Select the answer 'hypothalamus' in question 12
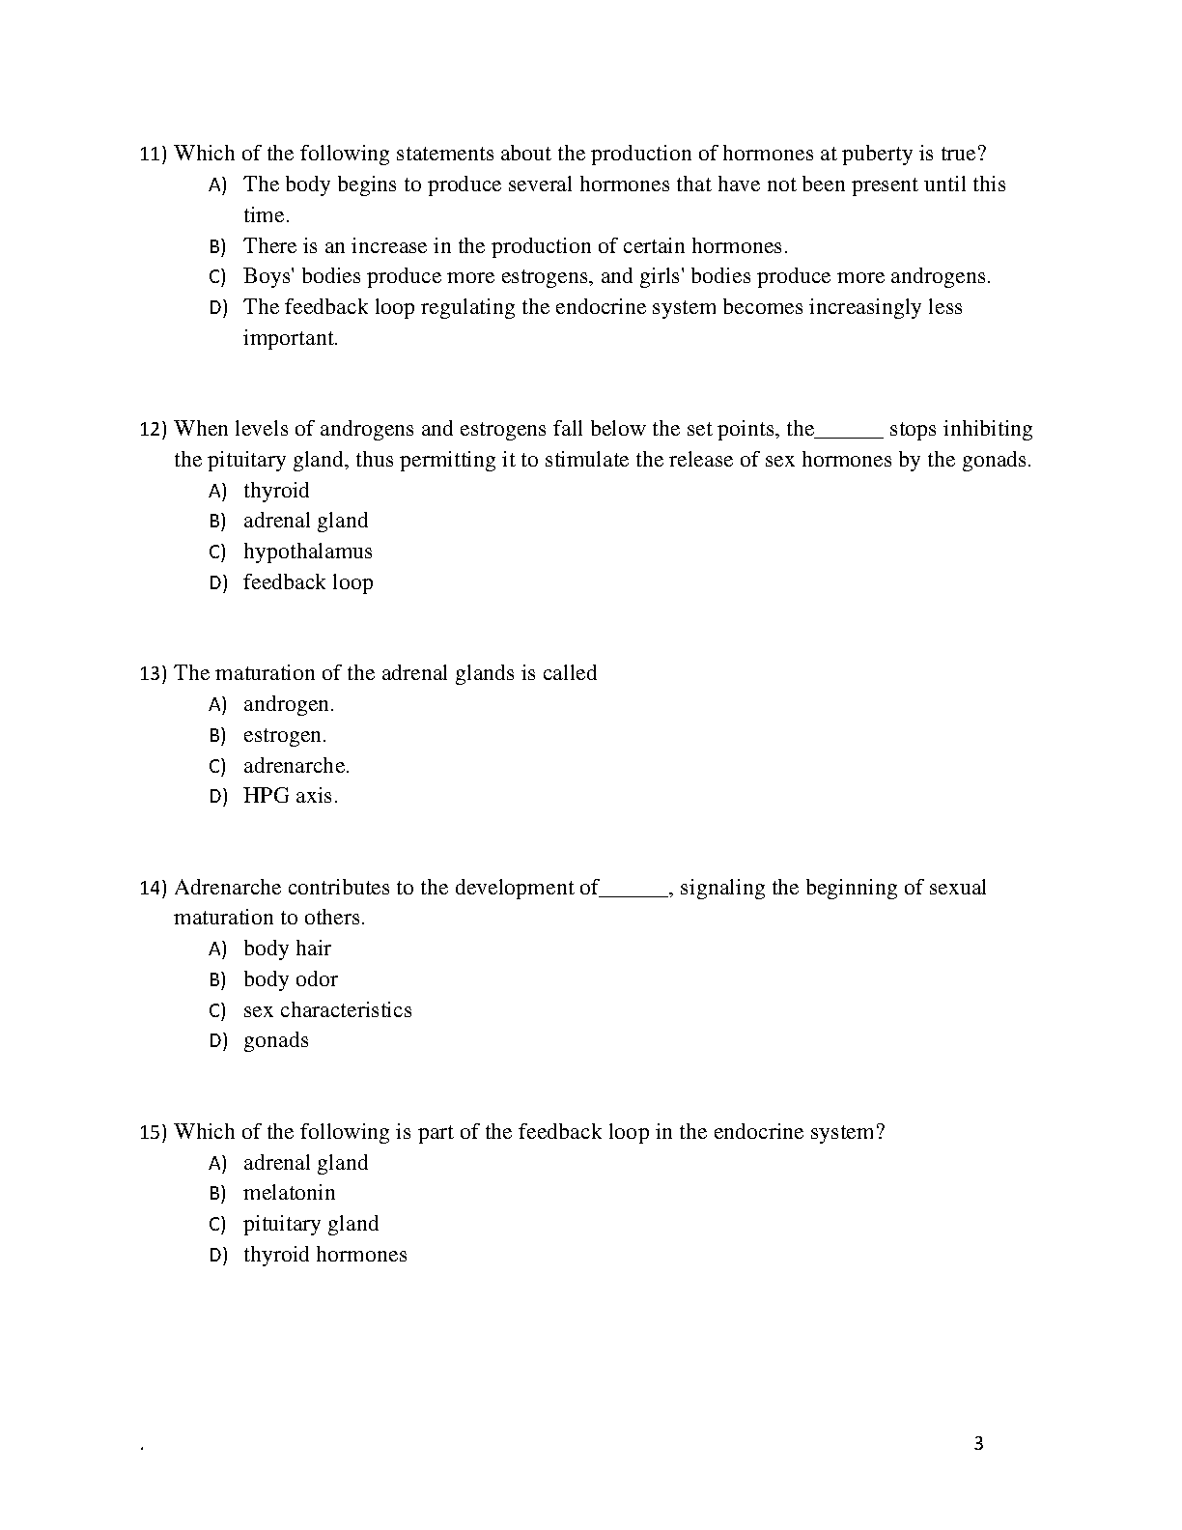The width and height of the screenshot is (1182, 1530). (307, 552)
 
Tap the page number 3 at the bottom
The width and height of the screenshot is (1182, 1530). (978, 1444)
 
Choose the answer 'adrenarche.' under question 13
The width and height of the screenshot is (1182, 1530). (295, 766)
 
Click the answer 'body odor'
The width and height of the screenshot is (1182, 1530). (290, 979)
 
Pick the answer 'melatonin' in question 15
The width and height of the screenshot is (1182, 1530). (289, 1193)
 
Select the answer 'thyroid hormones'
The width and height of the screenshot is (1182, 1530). (324, 1255)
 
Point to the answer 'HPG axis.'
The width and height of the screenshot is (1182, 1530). (290, 797)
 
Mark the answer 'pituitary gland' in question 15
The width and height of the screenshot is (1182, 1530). (310, 1224)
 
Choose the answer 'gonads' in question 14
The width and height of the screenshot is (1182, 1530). (275, 1040)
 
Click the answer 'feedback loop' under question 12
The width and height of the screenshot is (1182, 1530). (307, 582)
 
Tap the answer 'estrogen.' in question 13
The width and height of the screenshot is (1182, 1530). (284, 735)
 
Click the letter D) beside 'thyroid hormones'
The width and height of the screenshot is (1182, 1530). (217, 1256)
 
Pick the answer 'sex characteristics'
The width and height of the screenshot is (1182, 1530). (326, 1010)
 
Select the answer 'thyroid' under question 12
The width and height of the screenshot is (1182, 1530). (275, 491)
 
